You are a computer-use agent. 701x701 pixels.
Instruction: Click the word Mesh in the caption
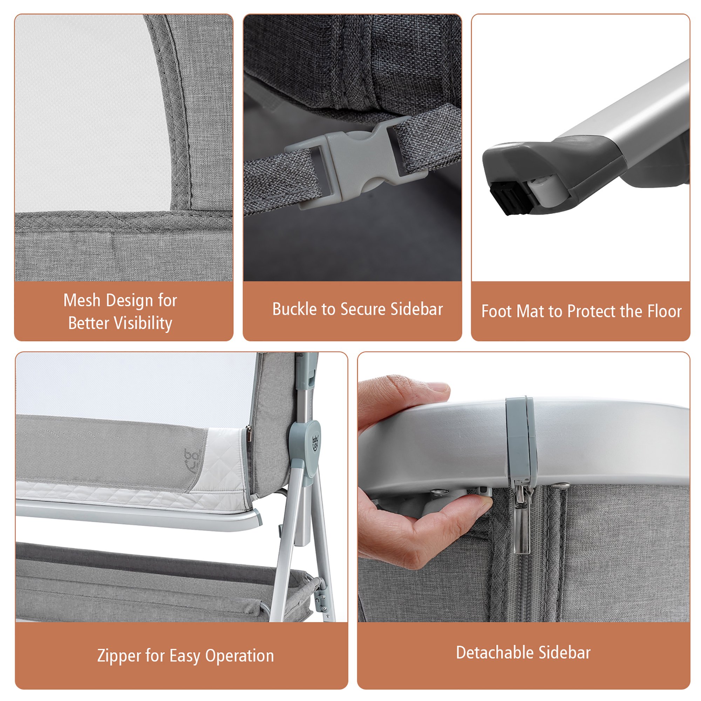pos(82,300)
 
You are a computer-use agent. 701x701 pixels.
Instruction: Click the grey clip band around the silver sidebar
pos(521,441)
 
